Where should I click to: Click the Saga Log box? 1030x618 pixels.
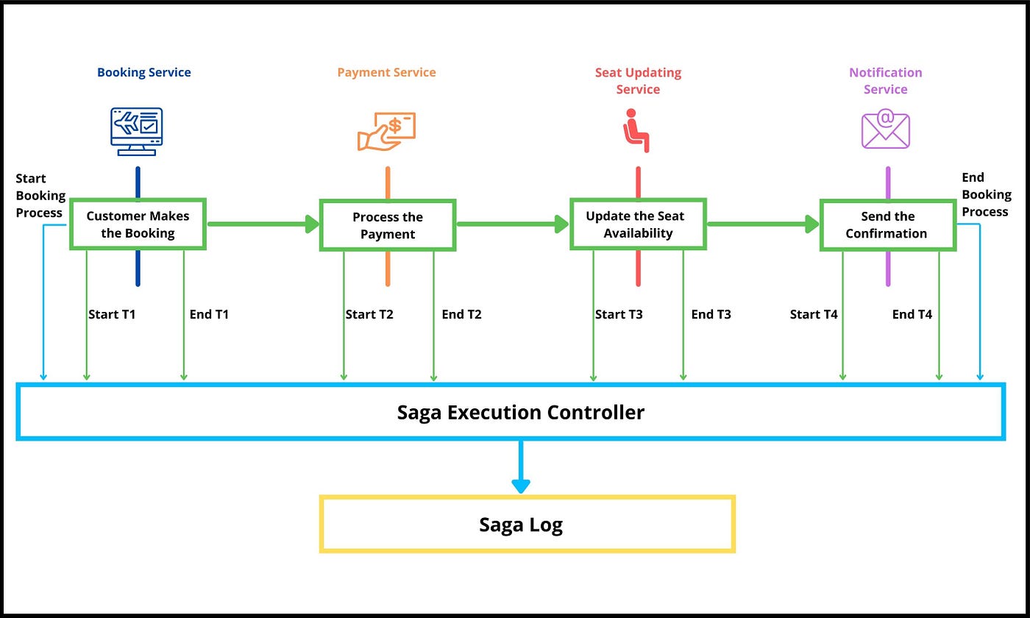[x=527, y=525]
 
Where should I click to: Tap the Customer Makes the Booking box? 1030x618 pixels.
[x=138, y=224]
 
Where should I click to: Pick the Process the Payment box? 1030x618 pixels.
[x=388, y=225]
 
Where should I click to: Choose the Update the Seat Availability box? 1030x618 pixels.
[x=638, y=224]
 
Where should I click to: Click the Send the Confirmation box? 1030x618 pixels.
[x=887, y=224]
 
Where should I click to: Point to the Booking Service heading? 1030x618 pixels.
[x=144, y=72]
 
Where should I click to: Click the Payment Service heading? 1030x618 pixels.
[x=386, y=72]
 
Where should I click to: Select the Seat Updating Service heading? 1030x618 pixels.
[x=638, y=81]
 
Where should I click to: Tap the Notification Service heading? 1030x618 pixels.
[x=886, y=81]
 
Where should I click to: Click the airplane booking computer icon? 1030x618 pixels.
[x=137, y=131]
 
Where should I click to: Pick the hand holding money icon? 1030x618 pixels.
[x=387, y=131]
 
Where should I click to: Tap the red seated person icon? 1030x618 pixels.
[x=636, y=130]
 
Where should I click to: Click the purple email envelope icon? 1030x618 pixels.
[x=886, y=129]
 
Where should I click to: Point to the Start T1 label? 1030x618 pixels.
[x=112, y=314]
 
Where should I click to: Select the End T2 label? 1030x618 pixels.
[x=461, y=314]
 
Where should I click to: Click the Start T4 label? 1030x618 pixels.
[x=814, y=314]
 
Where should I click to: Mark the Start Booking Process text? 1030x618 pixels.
[x=40, y=196]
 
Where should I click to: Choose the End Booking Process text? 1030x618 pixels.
[x=986, y=194]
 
